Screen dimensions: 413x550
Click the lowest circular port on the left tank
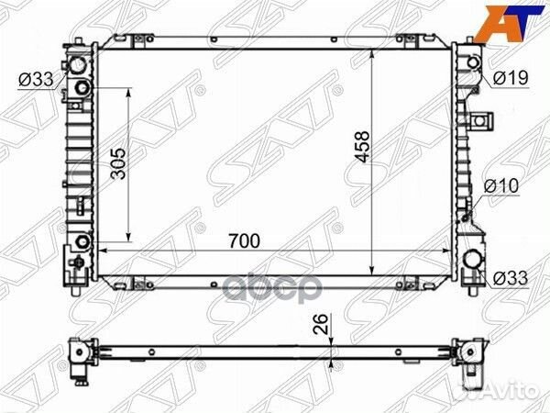coord(82,243)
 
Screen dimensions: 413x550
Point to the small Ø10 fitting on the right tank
coord(470,218)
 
